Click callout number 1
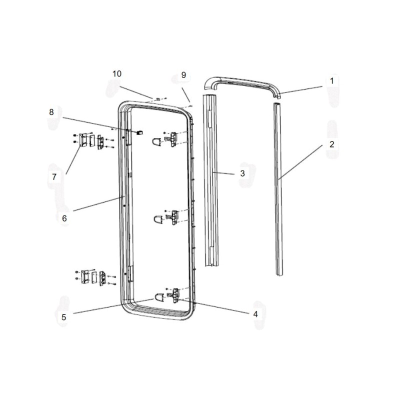(331, 80)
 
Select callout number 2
(331, 144)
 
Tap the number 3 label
(242, 173)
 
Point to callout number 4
(255, 314)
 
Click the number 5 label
(63, 316)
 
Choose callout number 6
(64, 218)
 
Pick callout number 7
(54, 176)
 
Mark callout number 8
(51, 112)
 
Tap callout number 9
(183, 75)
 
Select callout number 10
(116, 73)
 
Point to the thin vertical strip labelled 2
(278, 190)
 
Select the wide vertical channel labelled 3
(210, 180)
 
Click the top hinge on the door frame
(173, 138)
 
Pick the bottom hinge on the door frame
(175, 295)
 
